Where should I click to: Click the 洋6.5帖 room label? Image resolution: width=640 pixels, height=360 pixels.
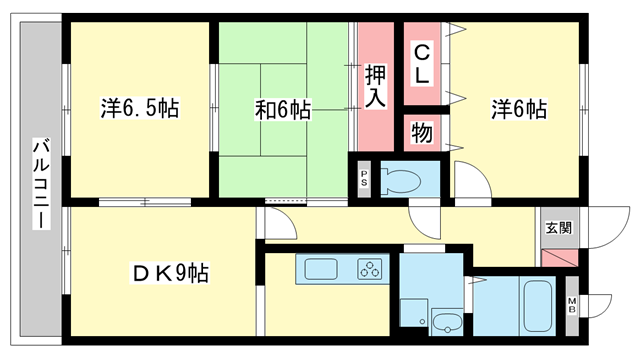[x=139, y=109]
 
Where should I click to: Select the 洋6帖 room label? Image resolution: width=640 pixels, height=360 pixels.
[x=518, y=109]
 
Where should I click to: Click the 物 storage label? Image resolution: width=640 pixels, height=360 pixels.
[x=422, y=132]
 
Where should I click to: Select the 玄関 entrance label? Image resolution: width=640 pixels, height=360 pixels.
[x=558, y=227]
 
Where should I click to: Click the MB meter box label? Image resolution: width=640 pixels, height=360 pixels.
[x=573, y=304]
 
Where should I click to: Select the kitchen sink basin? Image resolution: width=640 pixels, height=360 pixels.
[x=321, y=269]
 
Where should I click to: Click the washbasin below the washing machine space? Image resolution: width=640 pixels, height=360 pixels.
[x=447, y=323]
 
